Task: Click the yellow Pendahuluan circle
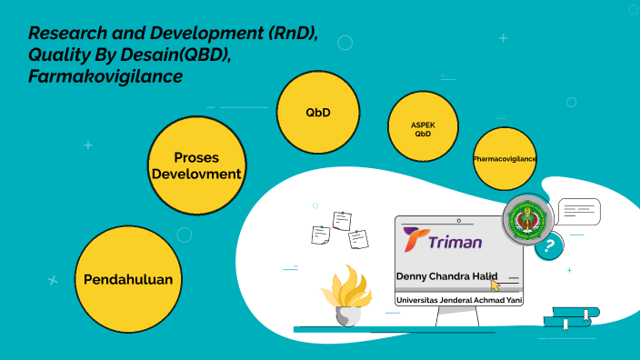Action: coord(128,279)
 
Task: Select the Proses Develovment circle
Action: coord(197,165)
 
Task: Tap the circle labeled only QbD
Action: coord(317,113)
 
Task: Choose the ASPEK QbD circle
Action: coord(423,127)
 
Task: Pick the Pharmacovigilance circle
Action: coord(505,159)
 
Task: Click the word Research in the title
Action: coord(67,35)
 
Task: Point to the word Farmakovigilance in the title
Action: coord(105,77)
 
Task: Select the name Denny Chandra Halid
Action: coord(446,276)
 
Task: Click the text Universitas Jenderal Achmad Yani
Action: coord(458,299)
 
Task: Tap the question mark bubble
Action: coord(548,245)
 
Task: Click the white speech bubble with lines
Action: coord(578,213)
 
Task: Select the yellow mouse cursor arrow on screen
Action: coord(495,284)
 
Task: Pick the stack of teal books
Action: coord(571,317)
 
